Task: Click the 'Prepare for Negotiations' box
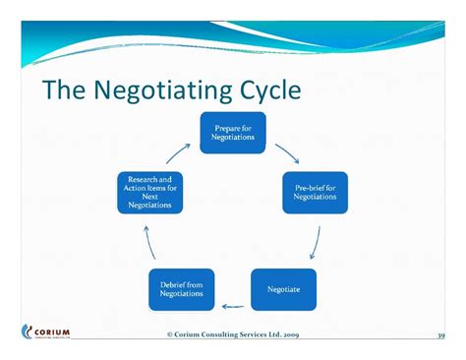[x=232, y=134]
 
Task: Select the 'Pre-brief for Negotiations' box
[x=315, y=192]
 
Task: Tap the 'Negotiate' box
[x=283, y=289]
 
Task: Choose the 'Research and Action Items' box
[x=149, y=192]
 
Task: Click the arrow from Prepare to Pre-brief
[x=287, y=151]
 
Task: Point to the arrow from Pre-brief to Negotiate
[x=315, y=242]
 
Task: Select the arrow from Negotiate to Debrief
[x=232, y=305]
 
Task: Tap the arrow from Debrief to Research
[x=147, y=242]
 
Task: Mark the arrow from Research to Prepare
[x=178, y=150]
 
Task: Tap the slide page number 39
[x=441, y=335]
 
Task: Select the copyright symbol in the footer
[x=169, y=335]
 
